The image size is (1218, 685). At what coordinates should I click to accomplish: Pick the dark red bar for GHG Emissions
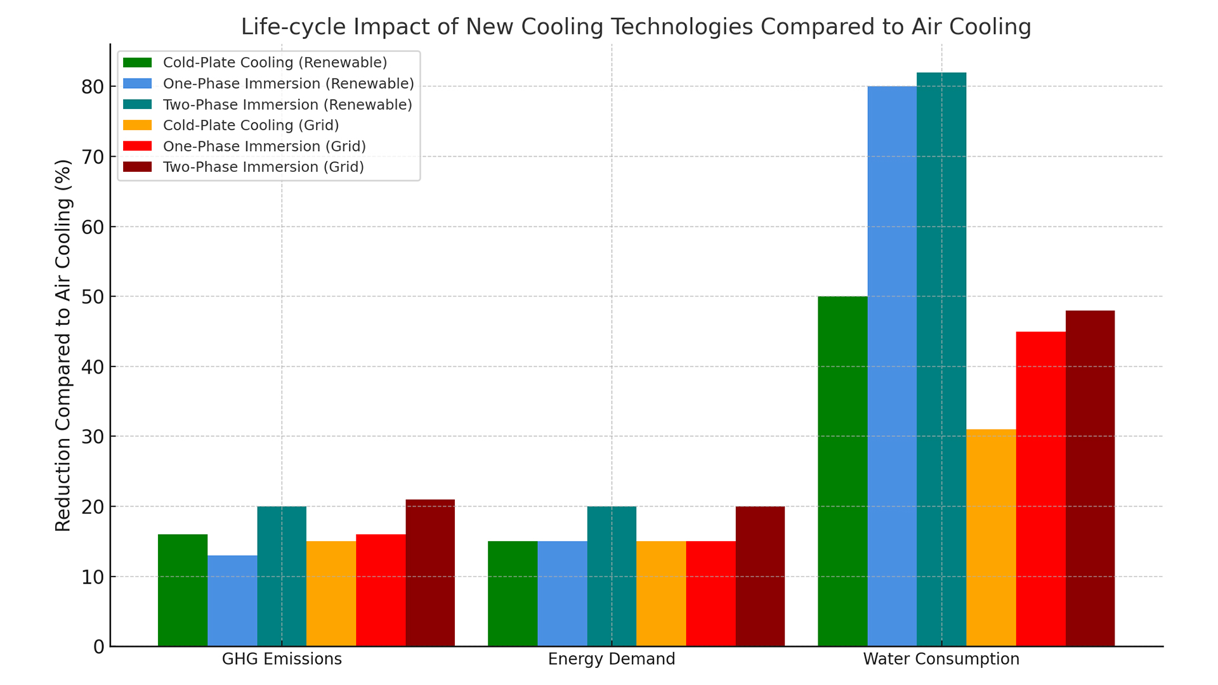[430, 573]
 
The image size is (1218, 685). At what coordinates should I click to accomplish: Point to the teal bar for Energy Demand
[612, 577]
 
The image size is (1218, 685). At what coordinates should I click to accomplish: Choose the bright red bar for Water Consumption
[1040, 489]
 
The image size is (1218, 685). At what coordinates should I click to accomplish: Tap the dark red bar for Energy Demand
[760, 577]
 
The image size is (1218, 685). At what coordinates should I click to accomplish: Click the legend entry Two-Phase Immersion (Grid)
[263, 167]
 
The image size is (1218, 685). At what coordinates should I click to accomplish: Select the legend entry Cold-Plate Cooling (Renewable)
[275, 62]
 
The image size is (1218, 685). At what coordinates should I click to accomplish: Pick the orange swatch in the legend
[137, 125]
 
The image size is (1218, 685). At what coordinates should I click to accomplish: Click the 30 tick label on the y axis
[93, 437]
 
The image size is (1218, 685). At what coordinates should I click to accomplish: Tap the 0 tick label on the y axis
[98, 647]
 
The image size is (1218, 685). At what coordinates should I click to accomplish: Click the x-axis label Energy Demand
[612, 659]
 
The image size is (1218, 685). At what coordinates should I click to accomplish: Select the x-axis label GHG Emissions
[282, 659]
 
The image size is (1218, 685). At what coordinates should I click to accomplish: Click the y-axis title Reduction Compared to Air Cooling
[63, 346]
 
